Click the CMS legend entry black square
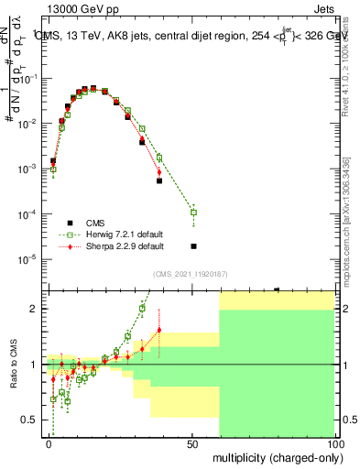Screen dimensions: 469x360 pyautogui.click(x=70, y=222)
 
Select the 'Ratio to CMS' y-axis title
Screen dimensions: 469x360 pyautogui.click(x=13, y=364)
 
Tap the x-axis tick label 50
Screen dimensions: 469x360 pyautogui.click(x=191, y=442)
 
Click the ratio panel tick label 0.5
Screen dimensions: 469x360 pyautogui.click(x=27, y=420)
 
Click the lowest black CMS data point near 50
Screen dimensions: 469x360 pyautogui.click(x=193, y=245)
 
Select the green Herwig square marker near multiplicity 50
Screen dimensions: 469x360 pyautogui.click(x=193, y=213)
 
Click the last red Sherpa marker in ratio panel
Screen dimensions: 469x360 pyautogui.click(x=159, y=330)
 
